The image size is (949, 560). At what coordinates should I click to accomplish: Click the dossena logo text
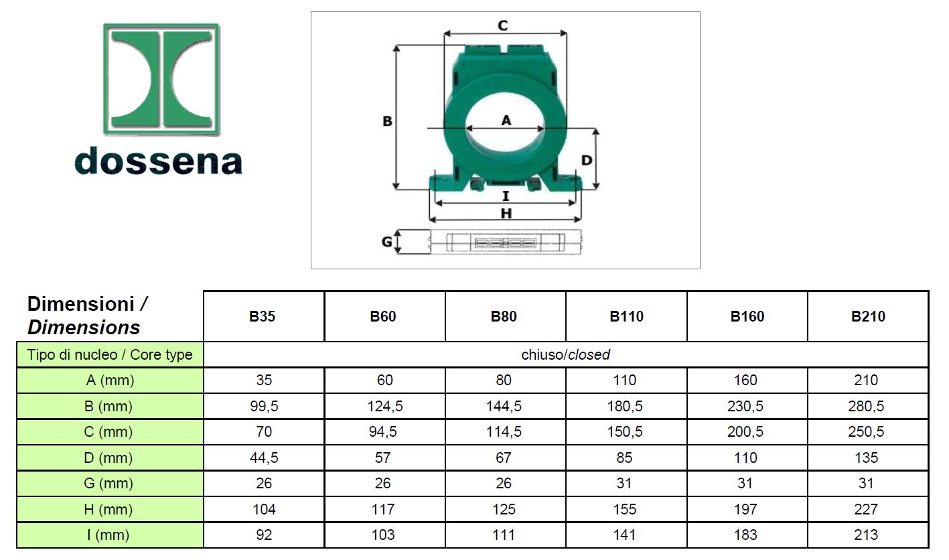click(x=158, y=161)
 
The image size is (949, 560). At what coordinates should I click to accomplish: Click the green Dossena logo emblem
click(x=161, y=79)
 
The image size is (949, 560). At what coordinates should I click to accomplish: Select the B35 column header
click(x=263, y=317)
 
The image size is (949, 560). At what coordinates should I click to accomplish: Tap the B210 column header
click(x=868, y=317)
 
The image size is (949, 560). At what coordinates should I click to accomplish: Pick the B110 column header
click(x=626, y=317)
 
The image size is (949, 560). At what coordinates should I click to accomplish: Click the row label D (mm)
click(x=110, y=458)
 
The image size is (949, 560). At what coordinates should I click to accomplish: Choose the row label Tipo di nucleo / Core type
click(x=110, y=355)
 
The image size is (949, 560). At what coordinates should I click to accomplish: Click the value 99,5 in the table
click(x=264, y=407)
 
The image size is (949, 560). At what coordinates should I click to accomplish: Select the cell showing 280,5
click(x=866, y=407)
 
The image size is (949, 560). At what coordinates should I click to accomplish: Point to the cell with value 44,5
click(x=264, y=458)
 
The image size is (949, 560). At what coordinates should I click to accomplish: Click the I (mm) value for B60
click(x=383, y=535)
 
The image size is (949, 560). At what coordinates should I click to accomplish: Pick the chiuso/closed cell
click(x=565, y=355)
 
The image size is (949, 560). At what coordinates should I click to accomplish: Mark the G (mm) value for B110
click(x=625, y=484)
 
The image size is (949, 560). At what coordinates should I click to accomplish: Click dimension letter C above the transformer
click(x=502, y=25)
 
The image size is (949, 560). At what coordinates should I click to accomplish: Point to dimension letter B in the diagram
click(x=387, y=121)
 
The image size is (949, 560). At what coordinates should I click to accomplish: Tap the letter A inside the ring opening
click(x=506, y=120)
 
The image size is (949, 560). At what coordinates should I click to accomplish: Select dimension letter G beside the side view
click(x=387, y=242)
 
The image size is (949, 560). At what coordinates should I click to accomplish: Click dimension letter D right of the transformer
click(x=586, y=160)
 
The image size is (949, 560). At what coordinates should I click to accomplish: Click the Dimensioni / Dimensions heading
click(x=87, y=316)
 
